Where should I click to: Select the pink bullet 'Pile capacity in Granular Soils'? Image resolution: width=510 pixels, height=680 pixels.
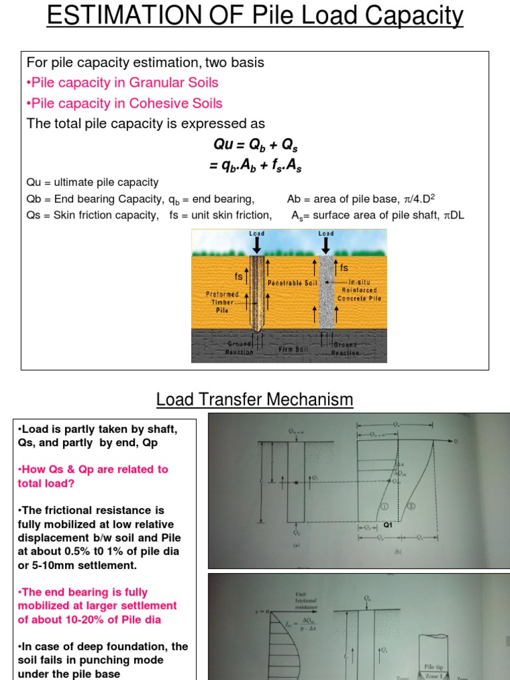[122, 83]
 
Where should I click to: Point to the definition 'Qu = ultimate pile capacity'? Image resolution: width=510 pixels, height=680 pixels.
[92, 182]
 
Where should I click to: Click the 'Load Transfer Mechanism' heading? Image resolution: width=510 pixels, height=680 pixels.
[255, 400]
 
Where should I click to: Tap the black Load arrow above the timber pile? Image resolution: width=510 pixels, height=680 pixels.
[257, 244]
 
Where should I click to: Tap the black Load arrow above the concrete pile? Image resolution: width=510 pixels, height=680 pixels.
[326, 244]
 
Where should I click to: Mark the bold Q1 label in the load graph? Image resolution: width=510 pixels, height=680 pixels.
[389, 524]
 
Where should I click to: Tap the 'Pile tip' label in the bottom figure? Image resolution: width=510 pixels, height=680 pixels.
[432, 663]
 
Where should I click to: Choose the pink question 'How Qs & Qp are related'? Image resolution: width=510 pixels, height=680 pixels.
[93, 476]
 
